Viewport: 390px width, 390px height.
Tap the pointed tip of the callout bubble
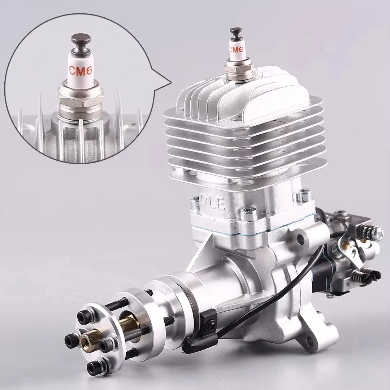click(x=170, y=82)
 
